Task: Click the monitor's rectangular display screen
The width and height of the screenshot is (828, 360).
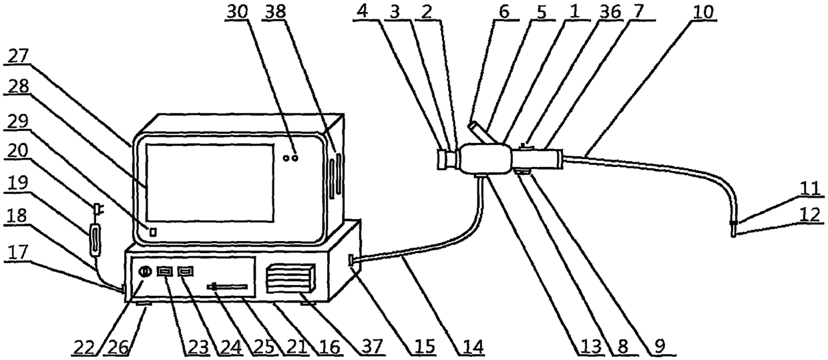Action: click(210, 182)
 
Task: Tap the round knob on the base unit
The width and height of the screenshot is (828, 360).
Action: click(144, 273)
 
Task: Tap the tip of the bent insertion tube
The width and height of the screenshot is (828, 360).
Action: click(734, 232)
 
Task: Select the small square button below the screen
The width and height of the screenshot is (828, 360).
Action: click(152, 232)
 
